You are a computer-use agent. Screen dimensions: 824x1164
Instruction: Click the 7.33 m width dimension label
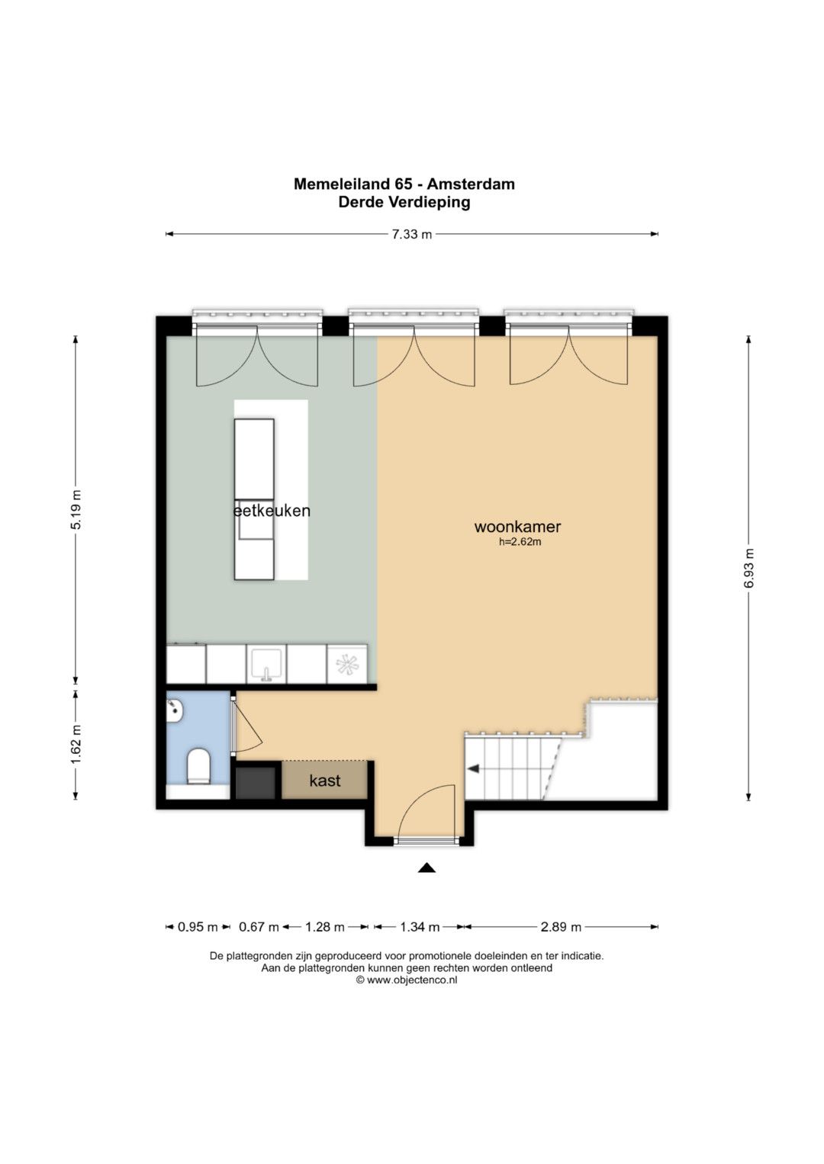pos(411,234)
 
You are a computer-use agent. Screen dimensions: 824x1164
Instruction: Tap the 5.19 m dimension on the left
pos(76,509)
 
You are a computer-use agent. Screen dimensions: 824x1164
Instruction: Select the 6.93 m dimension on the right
pos(748,568)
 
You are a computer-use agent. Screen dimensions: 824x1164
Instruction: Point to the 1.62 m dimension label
pos(76,745)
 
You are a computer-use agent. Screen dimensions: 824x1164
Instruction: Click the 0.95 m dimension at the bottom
pos(198,926)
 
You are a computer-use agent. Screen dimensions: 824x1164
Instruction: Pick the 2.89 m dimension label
pos(561,926)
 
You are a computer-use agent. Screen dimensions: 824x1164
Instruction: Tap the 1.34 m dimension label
pos(420,926)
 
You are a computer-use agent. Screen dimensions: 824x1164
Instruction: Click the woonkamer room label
pos(517,527)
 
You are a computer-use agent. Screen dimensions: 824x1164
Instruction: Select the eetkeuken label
pos(272,511)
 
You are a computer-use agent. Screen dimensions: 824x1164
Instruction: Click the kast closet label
pos(324,780)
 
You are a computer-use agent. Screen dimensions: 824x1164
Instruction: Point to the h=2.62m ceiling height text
pos(520,542)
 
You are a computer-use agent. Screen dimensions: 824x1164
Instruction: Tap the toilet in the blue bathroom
pos(198,766)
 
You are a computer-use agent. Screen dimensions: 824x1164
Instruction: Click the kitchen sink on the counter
pos(266,664)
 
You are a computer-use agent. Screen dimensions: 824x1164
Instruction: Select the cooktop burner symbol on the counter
pos(347,664)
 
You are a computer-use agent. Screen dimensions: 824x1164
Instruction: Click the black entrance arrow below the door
pos(426,867)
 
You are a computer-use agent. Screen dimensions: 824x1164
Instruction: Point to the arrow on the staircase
pos(473,769)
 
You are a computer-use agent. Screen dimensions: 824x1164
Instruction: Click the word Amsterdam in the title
pos(471,184)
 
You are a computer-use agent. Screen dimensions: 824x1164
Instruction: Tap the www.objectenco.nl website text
pos(412,980)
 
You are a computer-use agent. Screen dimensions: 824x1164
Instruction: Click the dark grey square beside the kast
pos(256,783)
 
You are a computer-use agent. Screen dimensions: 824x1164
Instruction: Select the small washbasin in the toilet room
pos(175,709)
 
